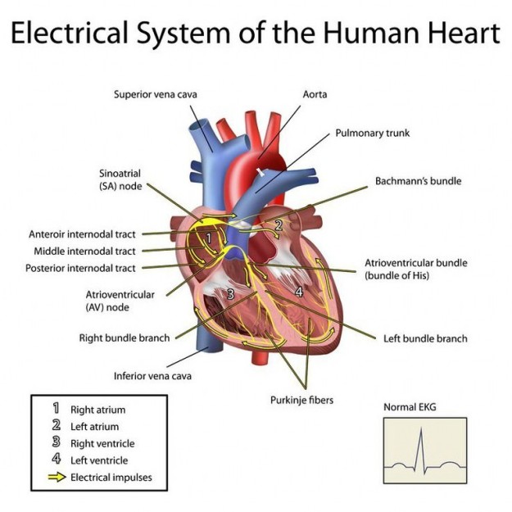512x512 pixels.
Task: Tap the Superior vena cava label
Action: [156, 94]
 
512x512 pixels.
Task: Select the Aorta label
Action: [315, 94]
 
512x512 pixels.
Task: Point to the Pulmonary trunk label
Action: [372, 132]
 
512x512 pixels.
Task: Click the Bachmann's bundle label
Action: [419, 180]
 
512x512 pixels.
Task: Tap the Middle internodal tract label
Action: [85, 251]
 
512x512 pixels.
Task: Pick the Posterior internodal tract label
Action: [80, 268]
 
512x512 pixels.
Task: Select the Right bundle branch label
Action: [125, 338]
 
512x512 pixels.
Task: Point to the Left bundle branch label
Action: [425, 338]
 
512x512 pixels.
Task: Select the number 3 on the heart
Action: [231, 294]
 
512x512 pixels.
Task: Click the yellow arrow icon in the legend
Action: [57, 477]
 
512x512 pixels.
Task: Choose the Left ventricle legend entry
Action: [99, 460]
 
